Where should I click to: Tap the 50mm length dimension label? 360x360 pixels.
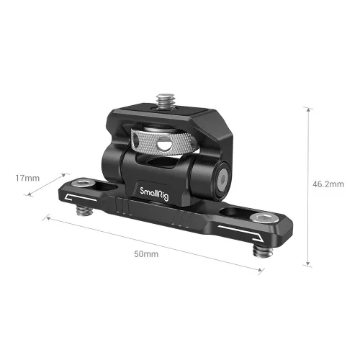(147, 255)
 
